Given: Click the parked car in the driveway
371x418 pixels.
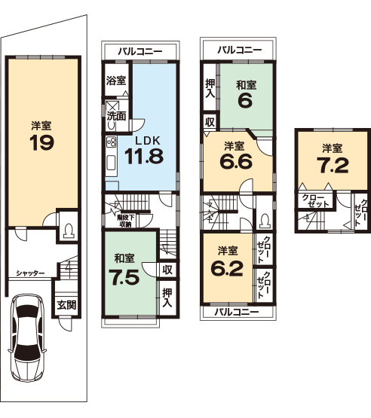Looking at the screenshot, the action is coord(26,338).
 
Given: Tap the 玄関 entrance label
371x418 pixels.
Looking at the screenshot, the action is coord(66,305).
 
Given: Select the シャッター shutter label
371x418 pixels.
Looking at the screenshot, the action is coord(30,273).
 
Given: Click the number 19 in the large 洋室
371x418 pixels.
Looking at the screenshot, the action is coord(42,142).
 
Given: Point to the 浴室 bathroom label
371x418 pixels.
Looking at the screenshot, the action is coord(116,81).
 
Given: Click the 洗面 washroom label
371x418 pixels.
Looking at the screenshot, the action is coord(116,116).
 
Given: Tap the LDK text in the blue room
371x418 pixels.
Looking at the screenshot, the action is coord(148,141).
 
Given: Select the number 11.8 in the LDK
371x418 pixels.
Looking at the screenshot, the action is coord(144,156).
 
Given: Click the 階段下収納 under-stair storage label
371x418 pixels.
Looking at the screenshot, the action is coord(124,221).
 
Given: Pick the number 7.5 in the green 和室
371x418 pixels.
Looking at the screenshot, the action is coord(124,277).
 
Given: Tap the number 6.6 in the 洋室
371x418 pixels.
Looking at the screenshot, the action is coord(236,161).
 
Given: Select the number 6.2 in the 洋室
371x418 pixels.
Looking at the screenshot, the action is coord(227,268).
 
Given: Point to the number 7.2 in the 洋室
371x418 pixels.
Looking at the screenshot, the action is coord(333,165).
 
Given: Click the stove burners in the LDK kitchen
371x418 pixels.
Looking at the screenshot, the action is coord(112,142).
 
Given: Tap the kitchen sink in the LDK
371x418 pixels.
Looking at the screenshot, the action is coord(112,163).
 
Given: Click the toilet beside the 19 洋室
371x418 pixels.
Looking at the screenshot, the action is coord(69,230).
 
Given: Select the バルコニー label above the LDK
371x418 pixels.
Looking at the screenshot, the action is coord(140,51).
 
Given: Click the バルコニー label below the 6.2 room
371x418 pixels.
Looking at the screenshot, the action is coord(237,312).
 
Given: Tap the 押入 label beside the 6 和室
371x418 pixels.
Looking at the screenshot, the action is coord(210,89).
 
